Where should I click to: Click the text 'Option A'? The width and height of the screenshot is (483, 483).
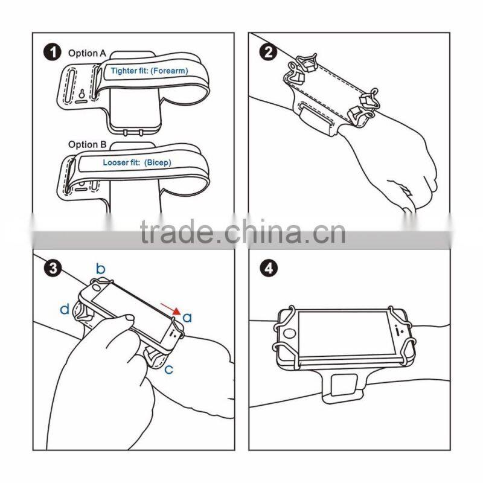tap(87, 53)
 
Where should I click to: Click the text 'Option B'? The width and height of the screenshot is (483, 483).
tap(87, 144)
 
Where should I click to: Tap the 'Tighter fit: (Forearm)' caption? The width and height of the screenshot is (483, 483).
tap(149, 71)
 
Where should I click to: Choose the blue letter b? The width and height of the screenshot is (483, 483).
tap(101, 268)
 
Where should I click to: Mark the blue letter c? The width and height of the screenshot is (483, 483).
tap(169, 369)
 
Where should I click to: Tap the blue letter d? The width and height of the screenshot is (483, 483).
tap(65, 310)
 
